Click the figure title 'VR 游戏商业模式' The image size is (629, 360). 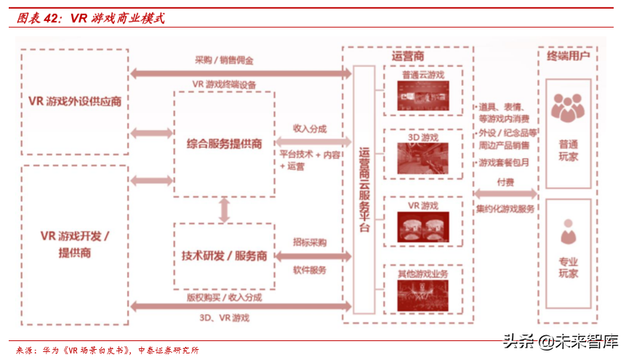(x=117, y=18)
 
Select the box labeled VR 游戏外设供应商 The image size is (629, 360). (x=75, y=101)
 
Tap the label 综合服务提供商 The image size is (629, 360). (x=224, y=143)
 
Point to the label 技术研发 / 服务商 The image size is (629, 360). (x=224, y=256)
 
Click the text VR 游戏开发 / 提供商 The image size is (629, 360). (x=75, y=244)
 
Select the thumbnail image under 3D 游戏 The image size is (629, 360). (x=423, y=157)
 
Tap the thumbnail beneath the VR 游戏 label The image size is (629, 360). (x=423, y=225)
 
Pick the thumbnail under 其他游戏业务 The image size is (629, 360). (x=423, y=294)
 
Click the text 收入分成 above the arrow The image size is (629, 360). (x=309, y=128)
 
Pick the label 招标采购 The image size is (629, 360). (x=309, y=241)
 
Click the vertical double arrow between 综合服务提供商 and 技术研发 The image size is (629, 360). (x=224, y=210)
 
